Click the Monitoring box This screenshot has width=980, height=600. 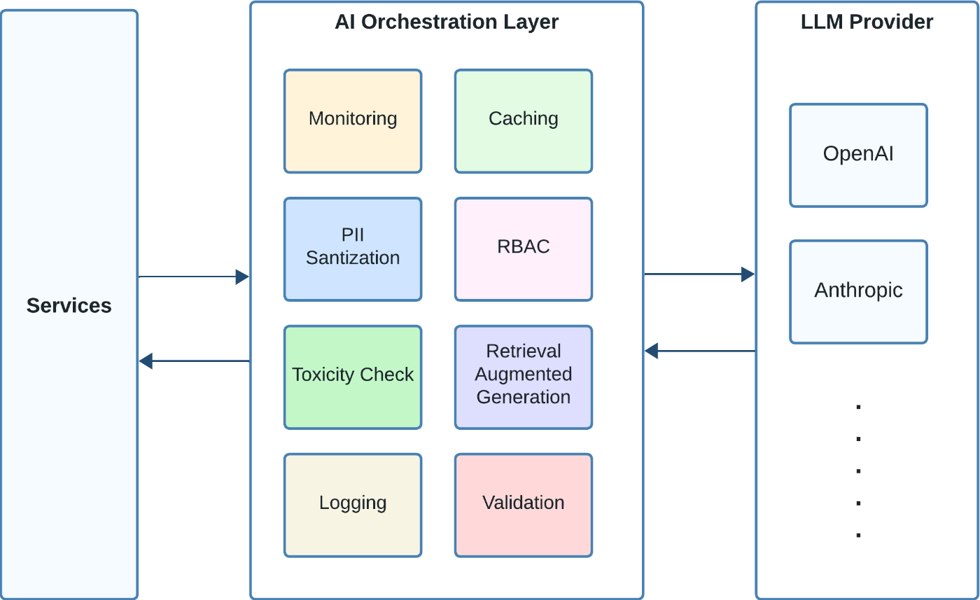[x=353, y=120]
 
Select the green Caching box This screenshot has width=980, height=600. [x=524, y=120]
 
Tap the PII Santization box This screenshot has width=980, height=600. [x=353, y=249]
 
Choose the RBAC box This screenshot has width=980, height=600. [x=524, y=249]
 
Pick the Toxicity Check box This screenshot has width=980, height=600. [x=353, y=377]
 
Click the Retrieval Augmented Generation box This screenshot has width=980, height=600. [x=524, y=377]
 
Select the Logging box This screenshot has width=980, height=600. [x=353, y=505]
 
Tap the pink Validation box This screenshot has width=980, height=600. [x=524, y=505]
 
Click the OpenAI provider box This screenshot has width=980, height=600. [x=858, y=155]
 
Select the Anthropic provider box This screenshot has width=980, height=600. [x=858, y=291]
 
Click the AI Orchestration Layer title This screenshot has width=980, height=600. [x=447, y=22]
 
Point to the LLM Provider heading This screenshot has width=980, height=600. [x=867, y=22]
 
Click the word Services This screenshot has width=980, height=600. [x=69, y=306]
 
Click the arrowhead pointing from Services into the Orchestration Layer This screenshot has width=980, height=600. [x=242, y=277]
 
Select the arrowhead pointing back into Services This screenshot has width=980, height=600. [x=146, y=361]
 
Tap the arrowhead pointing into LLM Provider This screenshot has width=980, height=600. [x=748, y=274]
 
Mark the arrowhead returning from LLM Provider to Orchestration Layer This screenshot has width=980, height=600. [x=652, y=351]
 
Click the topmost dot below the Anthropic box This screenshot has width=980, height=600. [x=858, y=407]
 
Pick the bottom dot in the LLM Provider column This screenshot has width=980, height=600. [x=858, y=536]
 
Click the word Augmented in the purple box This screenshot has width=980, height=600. [x=524, y=375]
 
